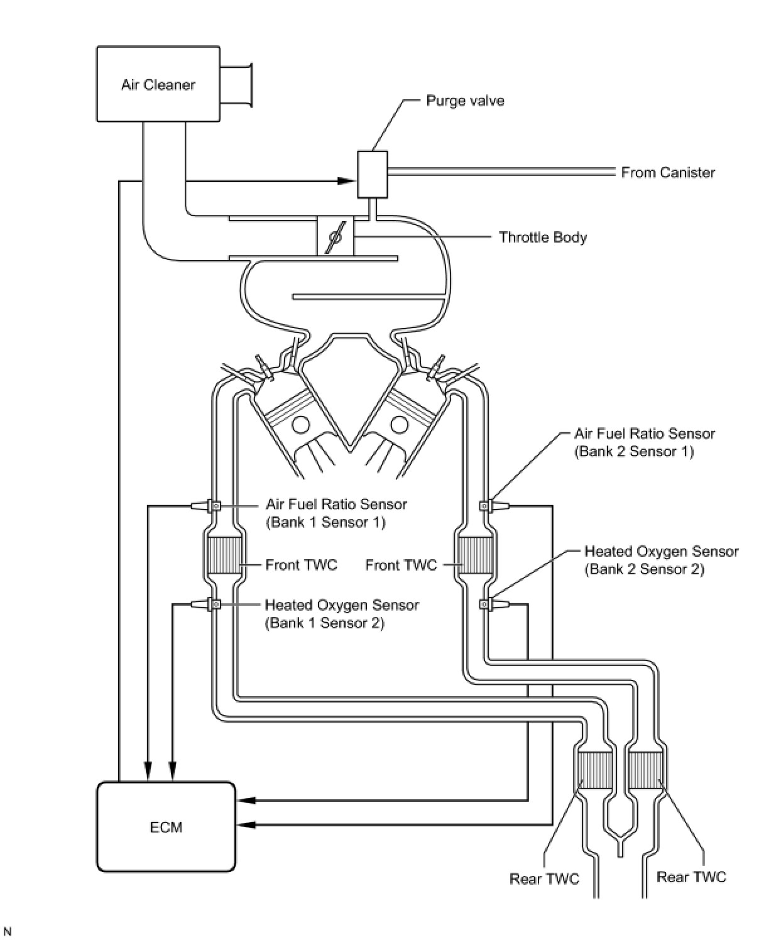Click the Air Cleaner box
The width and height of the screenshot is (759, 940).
click(158, 84)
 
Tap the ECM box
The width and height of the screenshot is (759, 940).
click(166, 826)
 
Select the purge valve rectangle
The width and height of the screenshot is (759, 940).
click(372, 174)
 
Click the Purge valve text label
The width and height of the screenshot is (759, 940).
click(465, 101)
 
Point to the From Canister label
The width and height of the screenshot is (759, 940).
click(668, 172)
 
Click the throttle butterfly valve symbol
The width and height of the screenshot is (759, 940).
click(335, 238)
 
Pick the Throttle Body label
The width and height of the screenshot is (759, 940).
click(542, 238)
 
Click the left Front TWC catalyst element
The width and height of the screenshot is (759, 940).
click(224, 555)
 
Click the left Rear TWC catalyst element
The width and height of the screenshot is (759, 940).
click(594, 771)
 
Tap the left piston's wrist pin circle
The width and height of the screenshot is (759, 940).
click(300, 425)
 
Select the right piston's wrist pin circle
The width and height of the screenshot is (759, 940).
click(399, 425)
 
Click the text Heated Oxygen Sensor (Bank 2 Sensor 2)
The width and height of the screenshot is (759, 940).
click(661, 560)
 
